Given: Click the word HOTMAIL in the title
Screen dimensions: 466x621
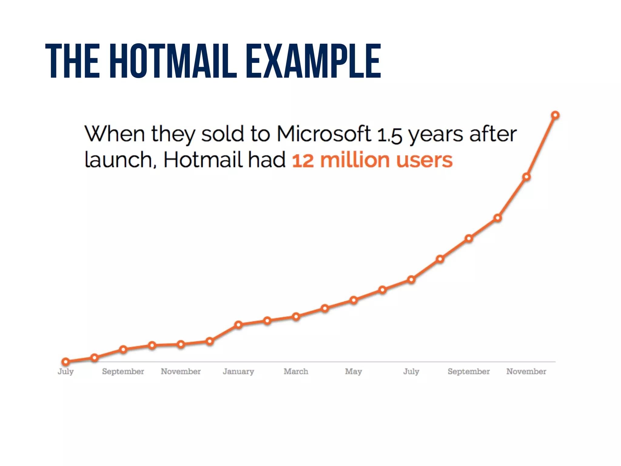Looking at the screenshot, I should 173,61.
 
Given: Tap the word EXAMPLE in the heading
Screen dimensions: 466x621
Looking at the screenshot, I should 313,61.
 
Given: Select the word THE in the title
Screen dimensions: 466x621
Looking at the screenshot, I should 72,61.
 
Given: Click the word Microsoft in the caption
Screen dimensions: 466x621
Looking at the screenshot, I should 324,134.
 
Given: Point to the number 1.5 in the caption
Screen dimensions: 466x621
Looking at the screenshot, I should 390,135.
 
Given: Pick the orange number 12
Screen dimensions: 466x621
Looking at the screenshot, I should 303,160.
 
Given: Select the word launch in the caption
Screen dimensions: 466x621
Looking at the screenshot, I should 120,160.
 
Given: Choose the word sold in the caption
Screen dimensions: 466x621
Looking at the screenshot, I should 223,134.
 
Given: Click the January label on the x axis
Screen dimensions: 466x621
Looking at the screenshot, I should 238,371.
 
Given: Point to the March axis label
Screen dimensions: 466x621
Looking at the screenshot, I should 296,371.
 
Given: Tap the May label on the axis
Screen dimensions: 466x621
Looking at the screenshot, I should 354,372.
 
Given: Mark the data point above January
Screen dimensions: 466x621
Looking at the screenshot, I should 238,325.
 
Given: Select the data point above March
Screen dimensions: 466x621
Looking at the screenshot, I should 296,317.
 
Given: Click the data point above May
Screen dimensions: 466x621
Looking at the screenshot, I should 354,300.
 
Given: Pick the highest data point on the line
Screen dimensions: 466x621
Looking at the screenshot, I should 555,115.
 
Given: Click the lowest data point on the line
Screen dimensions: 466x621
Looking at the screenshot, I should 65,362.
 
